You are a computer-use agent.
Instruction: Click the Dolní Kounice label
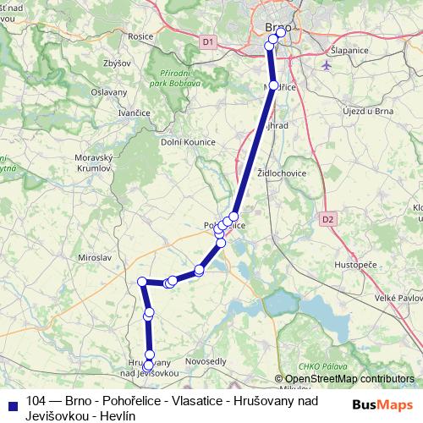point(188,142)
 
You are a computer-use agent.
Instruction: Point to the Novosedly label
point(205,361)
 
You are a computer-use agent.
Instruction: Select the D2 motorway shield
point(327,218)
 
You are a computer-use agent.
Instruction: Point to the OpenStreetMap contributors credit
point(349,378)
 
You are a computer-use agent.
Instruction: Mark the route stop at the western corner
point(143,281)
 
